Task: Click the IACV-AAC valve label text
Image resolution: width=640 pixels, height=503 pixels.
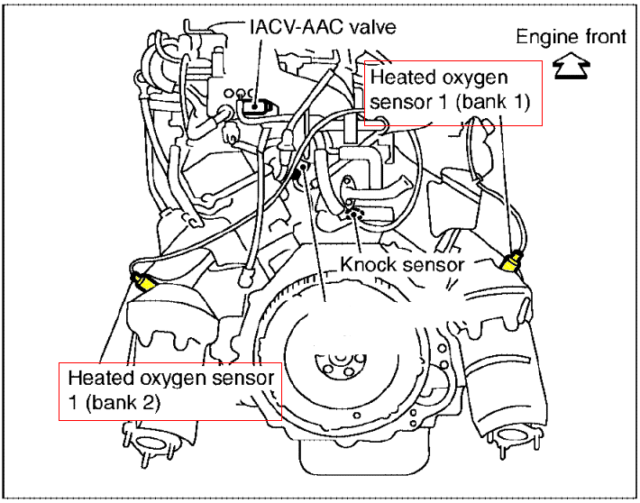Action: click(322, 27)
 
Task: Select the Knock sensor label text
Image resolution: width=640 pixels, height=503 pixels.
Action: click(402, 264)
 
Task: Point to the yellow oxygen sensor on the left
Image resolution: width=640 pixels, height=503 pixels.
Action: click(143, 283)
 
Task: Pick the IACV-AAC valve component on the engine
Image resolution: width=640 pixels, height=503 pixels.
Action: click(255, 106)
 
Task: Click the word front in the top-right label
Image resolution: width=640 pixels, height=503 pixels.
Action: click(603, 37)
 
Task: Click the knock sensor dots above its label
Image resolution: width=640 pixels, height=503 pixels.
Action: click(354, 213)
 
